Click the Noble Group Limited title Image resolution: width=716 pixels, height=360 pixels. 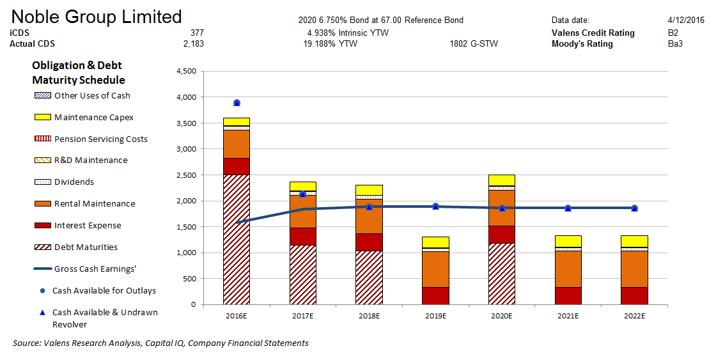coord(97,17)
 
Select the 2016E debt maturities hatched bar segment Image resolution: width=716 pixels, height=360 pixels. coord(237,239)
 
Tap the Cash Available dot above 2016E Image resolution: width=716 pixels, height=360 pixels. coord(237,102)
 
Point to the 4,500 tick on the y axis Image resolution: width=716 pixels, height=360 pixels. coord(186,72)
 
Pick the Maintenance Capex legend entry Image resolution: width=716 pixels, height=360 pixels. coord(94,117)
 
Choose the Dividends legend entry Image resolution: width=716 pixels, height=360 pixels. coord(74,182)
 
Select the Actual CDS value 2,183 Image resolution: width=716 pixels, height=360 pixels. coord(193,44)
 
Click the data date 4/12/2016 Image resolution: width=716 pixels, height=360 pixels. coord(685,20)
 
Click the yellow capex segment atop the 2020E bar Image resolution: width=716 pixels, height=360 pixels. coord(502,180)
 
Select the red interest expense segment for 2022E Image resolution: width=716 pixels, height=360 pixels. coord(635,295)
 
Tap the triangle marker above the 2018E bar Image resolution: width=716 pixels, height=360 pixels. coord(370,207)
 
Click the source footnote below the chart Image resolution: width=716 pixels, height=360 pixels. coord(160,343)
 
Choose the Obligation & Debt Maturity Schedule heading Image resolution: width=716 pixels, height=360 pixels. coord(77,73)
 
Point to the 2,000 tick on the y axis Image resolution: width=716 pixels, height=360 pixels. coord(186,201)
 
